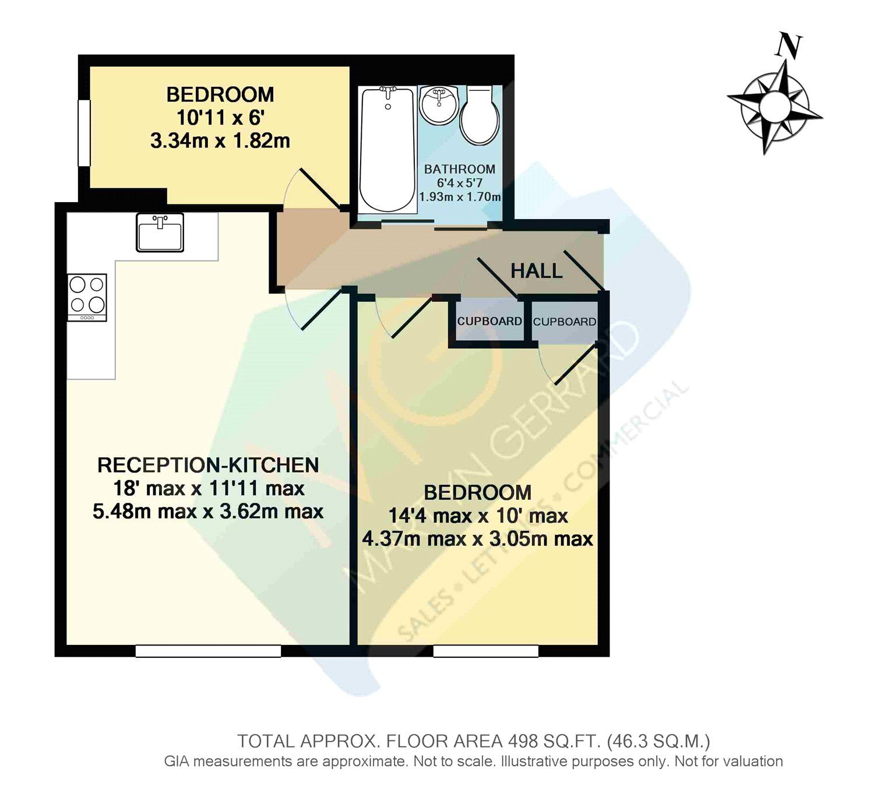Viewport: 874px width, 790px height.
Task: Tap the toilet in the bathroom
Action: click(x=480, y=117)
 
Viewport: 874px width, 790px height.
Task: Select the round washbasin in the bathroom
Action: click(x=439, y=105)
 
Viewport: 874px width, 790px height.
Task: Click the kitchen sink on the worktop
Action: click(x=160, y=232)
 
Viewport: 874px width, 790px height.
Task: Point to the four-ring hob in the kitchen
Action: click(x=87, y=297)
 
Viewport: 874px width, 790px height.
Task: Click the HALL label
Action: click(x=536, y=271)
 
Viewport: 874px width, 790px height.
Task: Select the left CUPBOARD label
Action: click(x=489, y=322)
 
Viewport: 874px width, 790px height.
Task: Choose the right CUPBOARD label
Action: click(x=565, y=322)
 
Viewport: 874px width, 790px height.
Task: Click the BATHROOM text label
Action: click(x=460, y=170)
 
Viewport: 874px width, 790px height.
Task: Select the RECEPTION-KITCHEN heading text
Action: click(x=208, y=465)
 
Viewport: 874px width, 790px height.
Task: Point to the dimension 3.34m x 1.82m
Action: click(x=220, y=141)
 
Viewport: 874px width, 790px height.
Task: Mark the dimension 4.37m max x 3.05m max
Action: click(x=477, y=539)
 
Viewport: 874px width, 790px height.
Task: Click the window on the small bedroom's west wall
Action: click(x=84, y=133)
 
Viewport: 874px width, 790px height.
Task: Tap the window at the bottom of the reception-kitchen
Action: click(x=208, y=651)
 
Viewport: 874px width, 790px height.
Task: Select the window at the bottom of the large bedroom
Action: click(x=485, y=651)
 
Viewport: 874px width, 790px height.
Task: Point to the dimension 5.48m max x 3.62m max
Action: click(x=208, y=512)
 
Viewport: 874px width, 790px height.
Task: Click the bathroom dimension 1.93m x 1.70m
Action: click(x=460, y=197)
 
